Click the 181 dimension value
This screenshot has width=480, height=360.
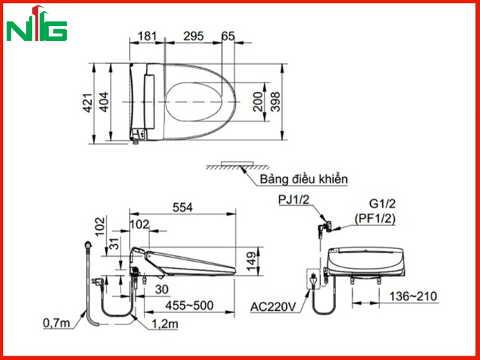pos(147,36)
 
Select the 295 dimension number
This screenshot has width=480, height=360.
pos(193,36)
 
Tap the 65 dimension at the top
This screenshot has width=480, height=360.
pos(228,36)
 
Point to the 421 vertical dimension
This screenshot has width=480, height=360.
pos(88,103)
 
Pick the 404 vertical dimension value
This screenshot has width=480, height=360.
pos(104,102)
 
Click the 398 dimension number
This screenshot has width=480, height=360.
pos(275,101)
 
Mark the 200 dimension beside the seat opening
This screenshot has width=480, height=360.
pos(258,101)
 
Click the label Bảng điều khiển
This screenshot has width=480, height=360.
pos(304,179)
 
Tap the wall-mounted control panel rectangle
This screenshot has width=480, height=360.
pos(238,163)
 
